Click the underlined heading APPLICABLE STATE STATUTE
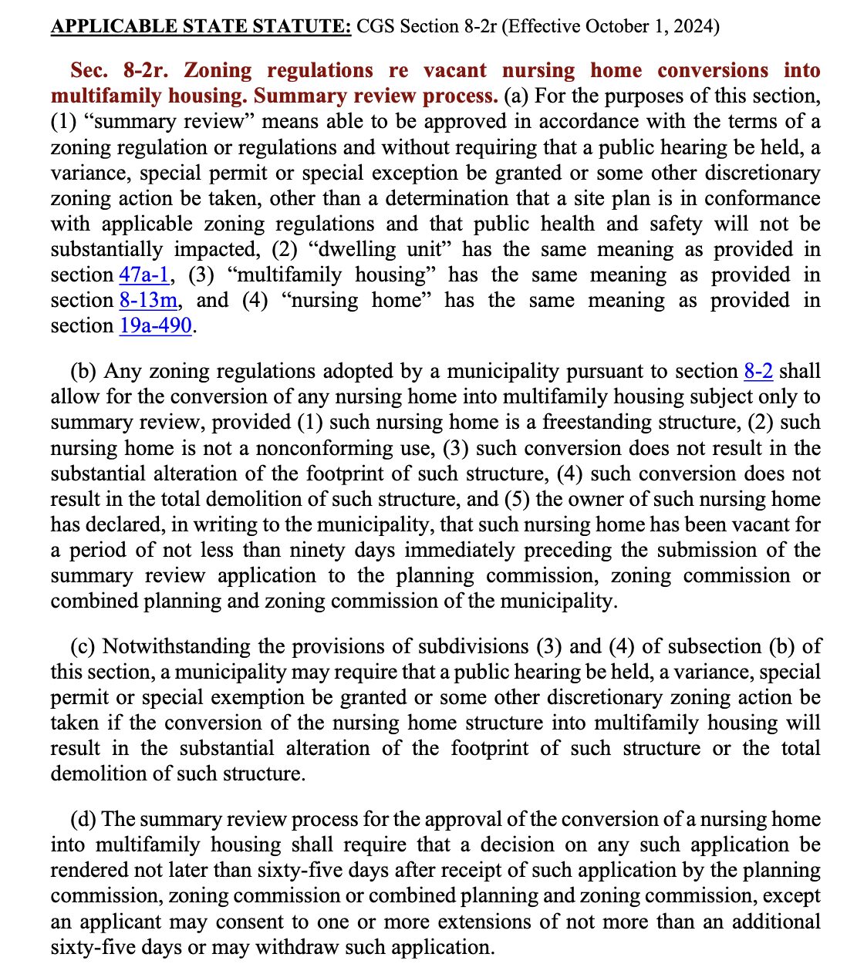201,26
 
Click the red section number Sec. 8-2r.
124,70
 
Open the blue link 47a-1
144,275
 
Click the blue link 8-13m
148,300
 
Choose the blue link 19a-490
155,325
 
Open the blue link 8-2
758,371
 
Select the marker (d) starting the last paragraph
83,819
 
